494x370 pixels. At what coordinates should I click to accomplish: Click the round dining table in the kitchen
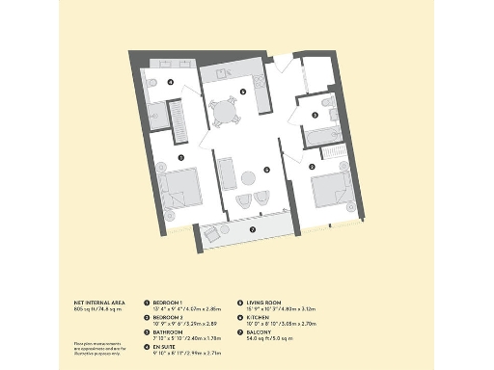click(x=225, y=113)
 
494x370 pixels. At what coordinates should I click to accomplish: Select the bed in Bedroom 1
click(x=182, y=188)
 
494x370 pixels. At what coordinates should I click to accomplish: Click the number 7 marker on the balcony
click(x=253, y=230)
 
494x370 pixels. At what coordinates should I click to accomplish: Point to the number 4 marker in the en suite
click(x=170, y=83)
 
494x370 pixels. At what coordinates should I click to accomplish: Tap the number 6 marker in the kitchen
click(x=242, y=92)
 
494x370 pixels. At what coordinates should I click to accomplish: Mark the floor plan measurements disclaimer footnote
click(x=96, y=348)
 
